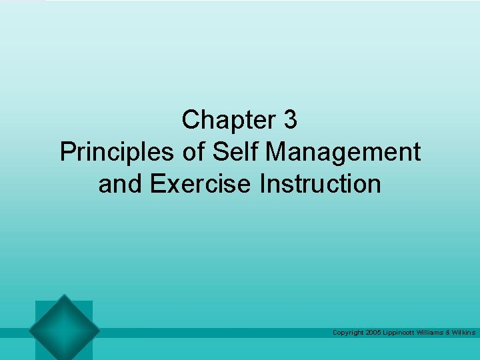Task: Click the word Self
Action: (x=238, y=152)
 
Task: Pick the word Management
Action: (x=343, y=152)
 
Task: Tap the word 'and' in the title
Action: (x=121, y=183)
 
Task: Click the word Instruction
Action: (x=321, y=183)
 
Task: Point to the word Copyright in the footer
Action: (x=347, y=332)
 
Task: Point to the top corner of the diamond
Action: (x=64, y=295)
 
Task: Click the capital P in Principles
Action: (x=67, y=152)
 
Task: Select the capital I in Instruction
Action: (x=263, y=183)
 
